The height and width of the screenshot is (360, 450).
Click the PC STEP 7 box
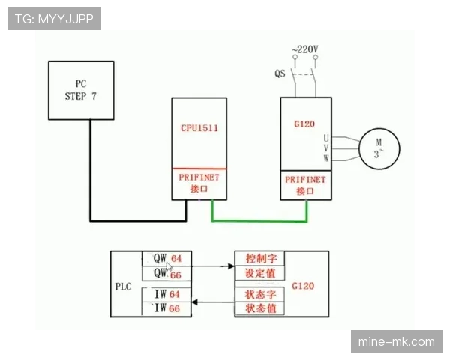click(x=81, y=90)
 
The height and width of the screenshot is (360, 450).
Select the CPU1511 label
click(x=199, y=128)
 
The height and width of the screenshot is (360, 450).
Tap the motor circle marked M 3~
click(x=379, y=148)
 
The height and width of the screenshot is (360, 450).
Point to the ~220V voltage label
click(x=305, y=49)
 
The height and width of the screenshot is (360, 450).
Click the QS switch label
click(x=280, y=73)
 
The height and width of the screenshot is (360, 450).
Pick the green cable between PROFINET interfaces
click(x=259, y=221)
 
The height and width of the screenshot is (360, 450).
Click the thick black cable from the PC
click(x=138, y=221)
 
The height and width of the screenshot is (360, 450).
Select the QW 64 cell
click(x=167, y=258)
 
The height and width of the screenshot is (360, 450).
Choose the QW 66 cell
click(x=167, y=273)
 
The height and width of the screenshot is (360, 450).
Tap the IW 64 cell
click(x=166, y=294)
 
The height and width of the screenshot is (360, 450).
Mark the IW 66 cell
click(x=166, y=308)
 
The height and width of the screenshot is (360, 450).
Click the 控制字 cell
click(x=260, y=258)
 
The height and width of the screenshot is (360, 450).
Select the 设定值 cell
click(x=260, y=273)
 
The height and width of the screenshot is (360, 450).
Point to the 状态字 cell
click(x=260, y=294)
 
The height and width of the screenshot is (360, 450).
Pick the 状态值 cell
click(x=260, y=308)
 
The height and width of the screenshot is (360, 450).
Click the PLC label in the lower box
click(x=124, y=286)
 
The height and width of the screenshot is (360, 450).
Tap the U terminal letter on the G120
click(x=326, y=139)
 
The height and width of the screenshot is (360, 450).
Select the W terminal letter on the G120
click(x=326, y=158)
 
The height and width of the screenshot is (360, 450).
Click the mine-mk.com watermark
click(x=397, y=342)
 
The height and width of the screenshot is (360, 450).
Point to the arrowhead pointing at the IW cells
click(x=194, y=302)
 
